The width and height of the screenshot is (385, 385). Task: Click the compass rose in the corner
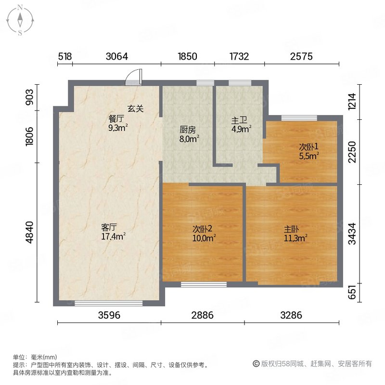tap(21, 20)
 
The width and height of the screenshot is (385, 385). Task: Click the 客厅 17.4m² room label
tap(114, 231)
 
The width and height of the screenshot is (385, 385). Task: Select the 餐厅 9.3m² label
tap(117, 123)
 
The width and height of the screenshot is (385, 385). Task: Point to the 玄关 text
tap(136, 109)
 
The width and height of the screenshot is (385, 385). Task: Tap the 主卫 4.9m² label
tap(241, 125)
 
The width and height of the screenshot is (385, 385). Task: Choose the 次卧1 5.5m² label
tap(309, 151)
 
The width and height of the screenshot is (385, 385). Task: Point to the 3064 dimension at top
tap(116, 56)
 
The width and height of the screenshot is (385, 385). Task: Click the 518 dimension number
tap(65, 56)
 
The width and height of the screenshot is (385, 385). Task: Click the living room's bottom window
tap(109, 303)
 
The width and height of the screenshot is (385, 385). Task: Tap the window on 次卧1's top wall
tap(299, 118)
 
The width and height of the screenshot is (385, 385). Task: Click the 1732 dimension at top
tap(239, 56)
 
